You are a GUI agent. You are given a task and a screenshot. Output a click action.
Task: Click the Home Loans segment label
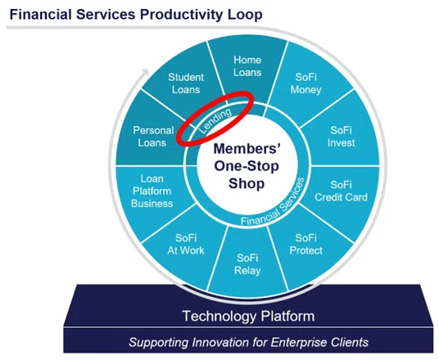click(247, 66)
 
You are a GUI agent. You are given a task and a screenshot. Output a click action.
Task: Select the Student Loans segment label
click(186, 83)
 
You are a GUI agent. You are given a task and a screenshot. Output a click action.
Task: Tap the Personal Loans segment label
click(153, 137)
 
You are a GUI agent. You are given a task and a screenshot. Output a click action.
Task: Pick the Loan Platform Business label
click(152, 191)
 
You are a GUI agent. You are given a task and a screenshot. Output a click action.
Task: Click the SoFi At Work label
click(186, 244)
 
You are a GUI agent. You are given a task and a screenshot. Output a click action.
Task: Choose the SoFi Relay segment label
click(247, 264)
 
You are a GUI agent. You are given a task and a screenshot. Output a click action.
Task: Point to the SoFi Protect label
click(306, 244)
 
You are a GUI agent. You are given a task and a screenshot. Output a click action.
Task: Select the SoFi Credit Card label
click(341, 191)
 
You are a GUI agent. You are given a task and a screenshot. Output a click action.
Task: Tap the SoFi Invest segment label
click(341, 137)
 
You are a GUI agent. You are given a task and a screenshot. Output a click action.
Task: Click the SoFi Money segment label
click(306, 83)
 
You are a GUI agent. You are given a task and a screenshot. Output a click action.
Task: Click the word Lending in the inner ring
click(215, 120)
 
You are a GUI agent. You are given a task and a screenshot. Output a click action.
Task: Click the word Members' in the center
click(247, 149)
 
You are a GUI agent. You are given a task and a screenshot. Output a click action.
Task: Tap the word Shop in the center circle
click(247, 184)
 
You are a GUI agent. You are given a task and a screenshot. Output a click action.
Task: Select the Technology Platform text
click(249, 316)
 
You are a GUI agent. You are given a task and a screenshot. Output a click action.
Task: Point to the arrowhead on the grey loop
click(145, 72)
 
